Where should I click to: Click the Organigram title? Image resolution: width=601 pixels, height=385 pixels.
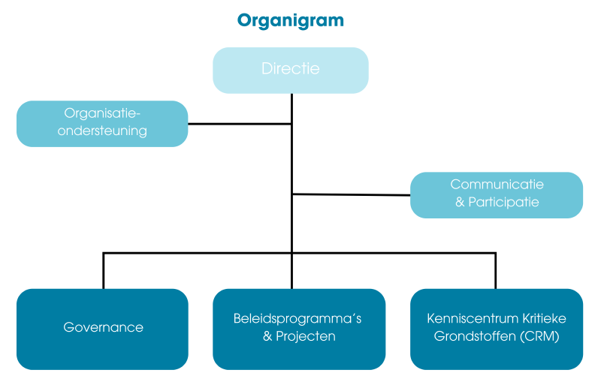(291, 21)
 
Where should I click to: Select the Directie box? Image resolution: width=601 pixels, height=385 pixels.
(291, 71)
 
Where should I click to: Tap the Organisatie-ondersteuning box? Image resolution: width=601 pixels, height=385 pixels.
(102, 124)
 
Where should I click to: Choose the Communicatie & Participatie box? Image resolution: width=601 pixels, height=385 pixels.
(497, 195)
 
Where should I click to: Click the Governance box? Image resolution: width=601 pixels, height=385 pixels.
(102, 329)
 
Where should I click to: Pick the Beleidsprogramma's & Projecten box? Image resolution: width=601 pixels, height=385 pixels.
(299, 329)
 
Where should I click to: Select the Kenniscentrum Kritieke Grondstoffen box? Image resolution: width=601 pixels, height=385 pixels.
(497, 329)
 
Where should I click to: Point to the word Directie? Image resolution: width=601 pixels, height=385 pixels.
(291, 68)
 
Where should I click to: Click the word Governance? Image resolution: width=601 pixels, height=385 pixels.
(103, 327)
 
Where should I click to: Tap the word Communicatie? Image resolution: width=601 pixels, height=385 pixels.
(497, 185)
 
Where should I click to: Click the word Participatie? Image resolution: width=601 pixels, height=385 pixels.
(503, 203)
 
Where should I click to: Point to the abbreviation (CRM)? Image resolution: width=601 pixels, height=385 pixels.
(539, 336)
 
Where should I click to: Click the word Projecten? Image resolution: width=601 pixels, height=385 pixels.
(306, 336)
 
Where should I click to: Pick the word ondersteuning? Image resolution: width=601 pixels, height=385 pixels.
(102, 131)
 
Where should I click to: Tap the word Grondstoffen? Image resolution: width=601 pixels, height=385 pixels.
(476, 336)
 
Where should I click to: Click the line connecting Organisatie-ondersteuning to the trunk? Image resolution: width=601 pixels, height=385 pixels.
(240, 124)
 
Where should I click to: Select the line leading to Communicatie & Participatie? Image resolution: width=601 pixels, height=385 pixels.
(351, 194)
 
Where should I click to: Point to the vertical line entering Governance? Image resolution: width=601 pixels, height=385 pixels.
(104, 271)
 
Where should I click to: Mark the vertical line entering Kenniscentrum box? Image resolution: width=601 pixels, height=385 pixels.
(496, 271)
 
